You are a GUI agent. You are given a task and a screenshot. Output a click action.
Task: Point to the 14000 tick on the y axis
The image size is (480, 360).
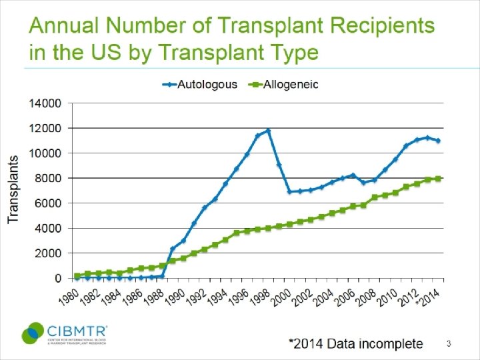point(45,103)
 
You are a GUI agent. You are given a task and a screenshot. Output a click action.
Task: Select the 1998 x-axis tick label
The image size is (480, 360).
point(258,296)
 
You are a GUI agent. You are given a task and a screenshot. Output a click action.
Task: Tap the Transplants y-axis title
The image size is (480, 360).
point(13,190)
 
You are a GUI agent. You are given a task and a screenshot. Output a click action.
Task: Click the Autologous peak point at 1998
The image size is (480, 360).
point(268,131)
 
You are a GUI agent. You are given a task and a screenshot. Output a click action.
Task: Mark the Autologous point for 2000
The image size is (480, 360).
point(289,191)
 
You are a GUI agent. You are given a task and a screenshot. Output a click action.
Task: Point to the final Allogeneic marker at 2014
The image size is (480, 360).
point(438,179)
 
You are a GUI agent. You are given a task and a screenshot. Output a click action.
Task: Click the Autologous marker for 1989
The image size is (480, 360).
point(173,249)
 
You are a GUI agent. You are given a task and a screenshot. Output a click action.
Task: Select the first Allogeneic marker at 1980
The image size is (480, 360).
point(77,275)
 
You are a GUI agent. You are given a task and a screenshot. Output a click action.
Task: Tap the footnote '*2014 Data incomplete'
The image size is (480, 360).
point(355,344)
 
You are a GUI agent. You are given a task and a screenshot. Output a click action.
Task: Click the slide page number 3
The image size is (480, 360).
point(449,344)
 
